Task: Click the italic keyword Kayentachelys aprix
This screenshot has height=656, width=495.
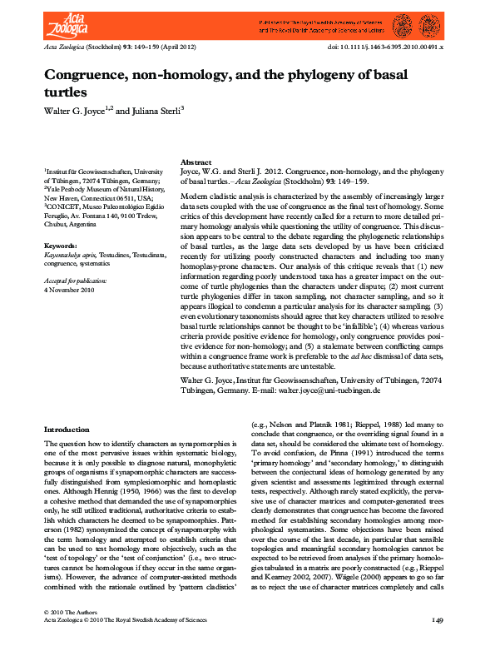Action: pyautogui.click(x=70, y=256)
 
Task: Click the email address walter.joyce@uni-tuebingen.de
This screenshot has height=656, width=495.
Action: pyautogui.click(x=328, y=390)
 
